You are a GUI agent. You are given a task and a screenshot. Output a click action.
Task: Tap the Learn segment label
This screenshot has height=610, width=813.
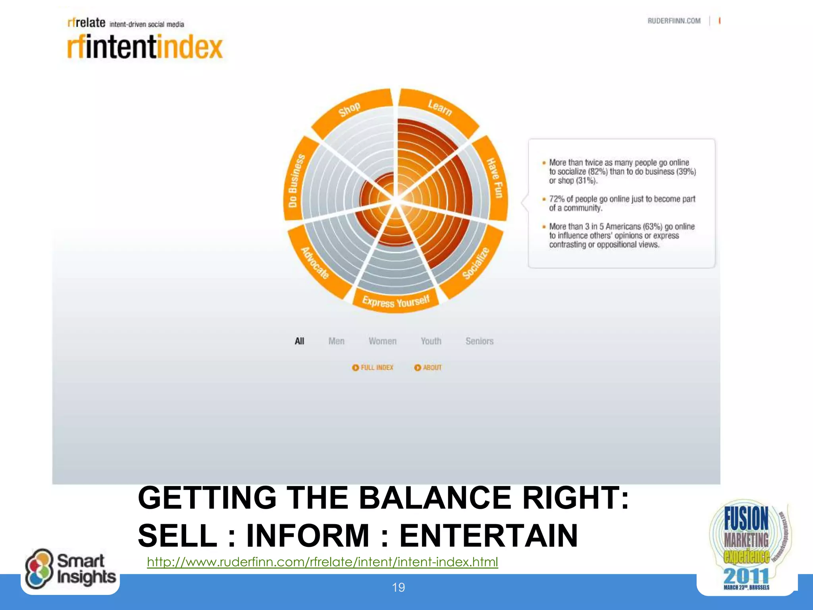click(440, 107)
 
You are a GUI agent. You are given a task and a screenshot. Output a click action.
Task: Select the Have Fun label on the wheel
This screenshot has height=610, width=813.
click(495, 178)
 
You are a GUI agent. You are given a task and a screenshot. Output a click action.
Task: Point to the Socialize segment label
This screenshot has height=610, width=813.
click(476, 263)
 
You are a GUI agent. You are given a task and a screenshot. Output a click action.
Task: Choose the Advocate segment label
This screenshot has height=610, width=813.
click(315, 263)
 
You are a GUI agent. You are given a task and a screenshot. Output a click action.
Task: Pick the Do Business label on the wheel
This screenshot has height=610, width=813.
click(296, 181)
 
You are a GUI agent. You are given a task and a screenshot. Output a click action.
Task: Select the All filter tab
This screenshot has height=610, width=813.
click(299, 341)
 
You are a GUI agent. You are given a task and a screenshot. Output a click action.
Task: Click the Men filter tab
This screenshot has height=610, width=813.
click(336, 341)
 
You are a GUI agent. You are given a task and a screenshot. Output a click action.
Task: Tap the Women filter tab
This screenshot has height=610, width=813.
click(382, 341)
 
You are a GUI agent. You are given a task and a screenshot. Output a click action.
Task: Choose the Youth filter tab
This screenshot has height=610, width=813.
click(431, 341)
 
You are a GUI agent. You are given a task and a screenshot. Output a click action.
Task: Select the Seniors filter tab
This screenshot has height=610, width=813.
click(479, 341)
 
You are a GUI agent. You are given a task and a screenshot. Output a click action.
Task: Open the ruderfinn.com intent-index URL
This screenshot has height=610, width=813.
click(322, 562)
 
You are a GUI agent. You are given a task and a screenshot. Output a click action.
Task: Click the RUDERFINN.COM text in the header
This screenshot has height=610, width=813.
click(674, 21)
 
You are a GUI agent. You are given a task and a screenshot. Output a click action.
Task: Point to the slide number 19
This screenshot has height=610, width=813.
click(398, 587)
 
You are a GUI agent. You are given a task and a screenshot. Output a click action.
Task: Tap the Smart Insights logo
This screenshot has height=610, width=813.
click(71, 569)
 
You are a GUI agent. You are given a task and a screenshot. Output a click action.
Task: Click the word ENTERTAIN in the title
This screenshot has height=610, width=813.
click(488, 536)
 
